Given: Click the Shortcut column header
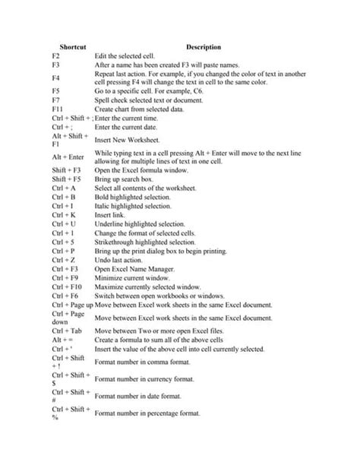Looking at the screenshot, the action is click(x=72, y=46).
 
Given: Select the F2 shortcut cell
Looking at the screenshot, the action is click(x=56, y=56).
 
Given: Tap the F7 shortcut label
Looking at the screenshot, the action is click(x=56, y=100).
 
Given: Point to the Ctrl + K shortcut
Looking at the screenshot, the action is click(x=65, y=214).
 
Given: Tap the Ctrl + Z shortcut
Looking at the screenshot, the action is click(x=65, y=260).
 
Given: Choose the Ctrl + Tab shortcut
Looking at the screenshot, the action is click(x=68, y=332).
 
